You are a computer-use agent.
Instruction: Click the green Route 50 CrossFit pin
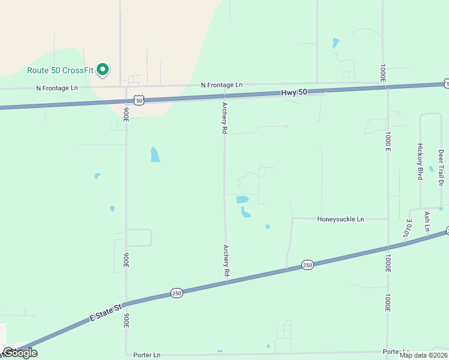(103, 70)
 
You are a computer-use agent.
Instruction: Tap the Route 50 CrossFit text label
(61, 70)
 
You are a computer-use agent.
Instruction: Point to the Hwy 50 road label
(294, 92)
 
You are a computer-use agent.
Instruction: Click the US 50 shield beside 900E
(139, 101)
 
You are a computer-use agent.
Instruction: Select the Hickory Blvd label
(420, 161)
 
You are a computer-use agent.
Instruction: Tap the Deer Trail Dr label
(441, 169)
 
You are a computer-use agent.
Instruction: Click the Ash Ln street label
(427, 221)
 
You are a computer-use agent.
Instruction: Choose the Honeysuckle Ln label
(340, 220)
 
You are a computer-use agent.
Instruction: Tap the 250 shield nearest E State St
(176, 293)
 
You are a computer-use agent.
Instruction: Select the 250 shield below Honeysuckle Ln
(307, 265)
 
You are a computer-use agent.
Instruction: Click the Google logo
(19, 353)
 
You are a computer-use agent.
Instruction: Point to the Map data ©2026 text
(423, 355)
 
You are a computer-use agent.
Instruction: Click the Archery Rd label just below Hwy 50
(224, 117)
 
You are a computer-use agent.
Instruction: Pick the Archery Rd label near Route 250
(226, 260)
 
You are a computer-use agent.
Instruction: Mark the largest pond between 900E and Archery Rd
(155, 154)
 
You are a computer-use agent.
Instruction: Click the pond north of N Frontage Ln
(336, 43)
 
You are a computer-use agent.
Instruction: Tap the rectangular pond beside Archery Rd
(243, 199)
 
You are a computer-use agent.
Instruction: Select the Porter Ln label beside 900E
(147, 355)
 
